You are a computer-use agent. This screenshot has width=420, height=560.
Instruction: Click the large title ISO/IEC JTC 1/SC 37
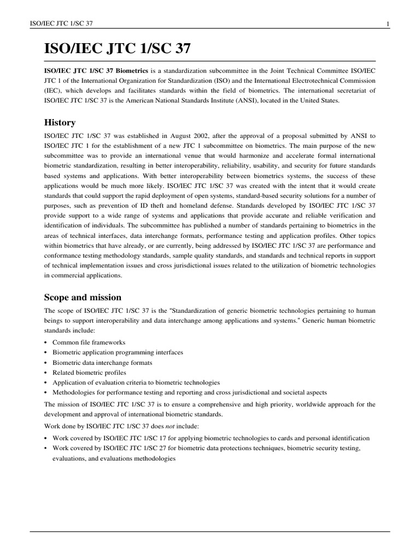(x=118, y=49)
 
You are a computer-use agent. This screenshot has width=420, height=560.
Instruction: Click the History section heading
(x=60, y=122)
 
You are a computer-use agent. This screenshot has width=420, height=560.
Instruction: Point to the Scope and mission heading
(x=82, y=297)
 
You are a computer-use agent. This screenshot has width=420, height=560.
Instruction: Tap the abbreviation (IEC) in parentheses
(x=54, y=91)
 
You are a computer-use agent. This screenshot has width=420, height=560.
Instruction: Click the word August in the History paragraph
(x=189, y=135)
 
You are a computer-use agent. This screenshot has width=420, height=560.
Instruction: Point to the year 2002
(x=211, y=135)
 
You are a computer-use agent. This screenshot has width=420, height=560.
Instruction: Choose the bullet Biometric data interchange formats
(x=102, y=363)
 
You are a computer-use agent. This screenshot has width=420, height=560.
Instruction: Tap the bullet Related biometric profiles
(x=85, y=372)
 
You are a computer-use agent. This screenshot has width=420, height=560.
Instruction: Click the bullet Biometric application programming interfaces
(x=118, y=352)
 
